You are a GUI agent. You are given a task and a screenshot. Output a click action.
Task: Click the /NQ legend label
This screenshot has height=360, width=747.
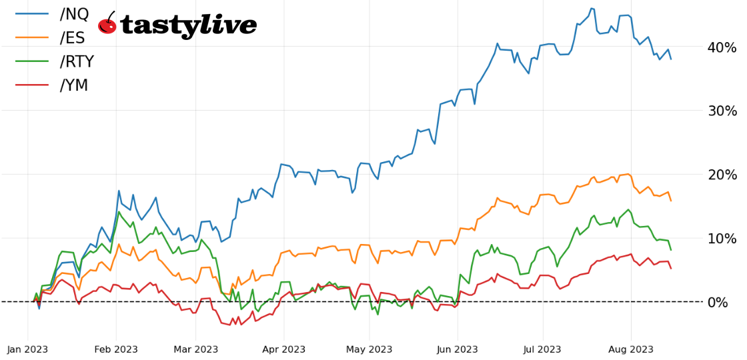74,14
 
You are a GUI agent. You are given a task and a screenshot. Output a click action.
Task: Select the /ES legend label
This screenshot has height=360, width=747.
73,38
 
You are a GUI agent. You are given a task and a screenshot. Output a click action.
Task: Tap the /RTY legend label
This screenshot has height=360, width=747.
77,62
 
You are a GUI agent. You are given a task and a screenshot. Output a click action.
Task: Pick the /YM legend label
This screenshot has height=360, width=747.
74,86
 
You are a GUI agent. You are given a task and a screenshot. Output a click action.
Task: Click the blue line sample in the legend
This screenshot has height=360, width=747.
32,14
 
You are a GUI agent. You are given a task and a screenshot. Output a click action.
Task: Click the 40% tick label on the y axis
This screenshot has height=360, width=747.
722,47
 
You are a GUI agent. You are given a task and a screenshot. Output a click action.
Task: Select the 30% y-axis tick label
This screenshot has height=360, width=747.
722,111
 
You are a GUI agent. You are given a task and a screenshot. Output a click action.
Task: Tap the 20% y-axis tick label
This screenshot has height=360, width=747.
722,175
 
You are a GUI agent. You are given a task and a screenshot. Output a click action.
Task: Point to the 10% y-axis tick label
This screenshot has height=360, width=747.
722,239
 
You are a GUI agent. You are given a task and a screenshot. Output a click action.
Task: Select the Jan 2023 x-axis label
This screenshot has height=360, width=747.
28,349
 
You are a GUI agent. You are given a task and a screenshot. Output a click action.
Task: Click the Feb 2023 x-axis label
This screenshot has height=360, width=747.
116,349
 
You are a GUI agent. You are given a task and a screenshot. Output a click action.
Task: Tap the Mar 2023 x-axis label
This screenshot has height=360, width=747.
196,349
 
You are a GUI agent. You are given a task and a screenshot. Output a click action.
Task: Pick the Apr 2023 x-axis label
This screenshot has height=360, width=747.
284,349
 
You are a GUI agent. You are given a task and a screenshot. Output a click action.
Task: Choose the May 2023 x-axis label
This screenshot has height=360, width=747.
370,349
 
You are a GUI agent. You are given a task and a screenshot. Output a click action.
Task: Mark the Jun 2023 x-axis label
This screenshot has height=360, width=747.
458,349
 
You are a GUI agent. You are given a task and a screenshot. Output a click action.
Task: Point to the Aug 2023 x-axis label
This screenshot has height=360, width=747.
631,349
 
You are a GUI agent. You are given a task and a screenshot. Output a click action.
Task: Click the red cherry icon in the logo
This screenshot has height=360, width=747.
107,25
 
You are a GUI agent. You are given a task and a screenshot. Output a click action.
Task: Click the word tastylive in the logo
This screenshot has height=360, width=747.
189,26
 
